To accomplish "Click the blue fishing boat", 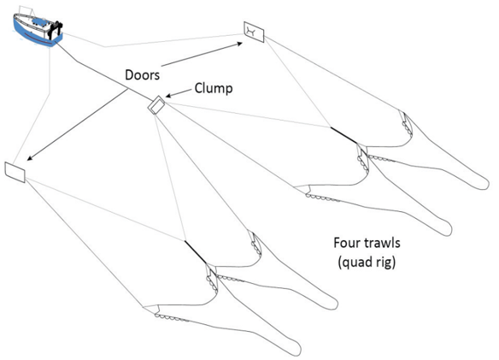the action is click(x=38, y=29).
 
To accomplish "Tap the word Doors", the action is click(x=142, y=75).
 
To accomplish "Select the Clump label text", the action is click(x=214, y=89).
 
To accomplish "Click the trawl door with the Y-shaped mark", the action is click(x=254, y=32).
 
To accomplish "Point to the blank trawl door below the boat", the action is click(x=15, y=172).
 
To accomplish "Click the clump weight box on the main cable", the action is click(x=156, y=105).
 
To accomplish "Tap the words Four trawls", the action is click(x=367, y=243).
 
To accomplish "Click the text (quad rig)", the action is click(x=367, y=263).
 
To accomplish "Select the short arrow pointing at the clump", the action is click(x=179, y=92).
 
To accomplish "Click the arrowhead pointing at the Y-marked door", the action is click(x=239, y=44).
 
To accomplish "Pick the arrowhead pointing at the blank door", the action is click(x=30, y=157).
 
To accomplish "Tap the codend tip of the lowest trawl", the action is click(x=296, y=350).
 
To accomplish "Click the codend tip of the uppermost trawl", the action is click(x=484, y=184).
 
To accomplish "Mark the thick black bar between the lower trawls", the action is click(x=196, y=252).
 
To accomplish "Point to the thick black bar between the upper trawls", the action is click(x=343, y=136).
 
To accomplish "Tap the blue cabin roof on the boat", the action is click(x=41, y=22).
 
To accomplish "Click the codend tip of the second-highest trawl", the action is click(x=447, y=229).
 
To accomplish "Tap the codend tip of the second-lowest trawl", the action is click(x=332, y=304).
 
